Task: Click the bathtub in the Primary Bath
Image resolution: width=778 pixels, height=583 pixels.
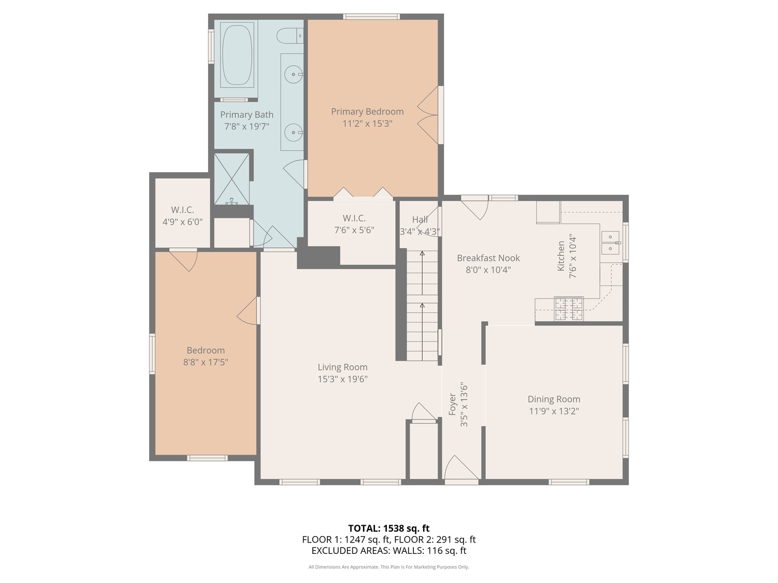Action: [x=237, y=55]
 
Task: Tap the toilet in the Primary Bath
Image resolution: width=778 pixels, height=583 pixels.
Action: [x=290, y=36]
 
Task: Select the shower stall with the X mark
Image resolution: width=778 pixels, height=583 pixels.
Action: [x=232, y=179]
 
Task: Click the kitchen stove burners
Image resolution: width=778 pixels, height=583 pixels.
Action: [x=569, y=308]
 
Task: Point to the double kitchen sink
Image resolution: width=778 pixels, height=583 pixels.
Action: [x=611, y=243]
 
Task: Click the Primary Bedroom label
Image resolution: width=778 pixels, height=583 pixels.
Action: [x=367, y=112]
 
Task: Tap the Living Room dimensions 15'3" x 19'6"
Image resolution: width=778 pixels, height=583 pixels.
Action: [x=343, y=379]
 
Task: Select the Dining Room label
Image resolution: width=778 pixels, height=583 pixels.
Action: [x=554, y=399]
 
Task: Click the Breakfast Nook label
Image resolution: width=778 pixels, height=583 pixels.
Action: [x=488, y=258]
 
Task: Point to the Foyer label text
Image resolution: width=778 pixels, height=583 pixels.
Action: [x=452, y=404]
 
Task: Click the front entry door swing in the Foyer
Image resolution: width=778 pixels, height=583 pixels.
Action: [x=461, y=467]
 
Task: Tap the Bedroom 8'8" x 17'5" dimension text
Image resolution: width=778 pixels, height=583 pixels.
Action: [x=206, y=362]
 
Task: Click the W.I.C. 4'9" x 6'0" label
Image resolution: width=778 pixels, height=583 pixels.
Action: [x=183, y=216]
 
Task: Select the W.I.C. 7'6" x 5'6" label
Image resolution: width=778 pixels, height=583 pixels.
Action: [x=354, y=224]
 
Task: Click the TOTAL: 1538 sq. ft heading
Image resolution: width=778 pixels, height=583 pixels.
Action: [x=389, y=528]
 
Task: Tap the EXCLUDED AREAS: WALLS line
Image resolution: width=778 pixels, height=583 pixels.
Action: [x=389, y=551]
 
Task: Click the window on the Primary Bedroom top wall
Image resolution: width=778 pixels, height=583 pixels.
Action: [x=372, y=16]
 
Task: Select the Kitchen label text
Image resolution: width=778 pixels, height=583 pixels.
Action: [x=561, y=256]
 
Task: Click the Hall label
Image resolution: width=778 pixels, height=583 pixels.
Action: [x=420, y=220]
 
